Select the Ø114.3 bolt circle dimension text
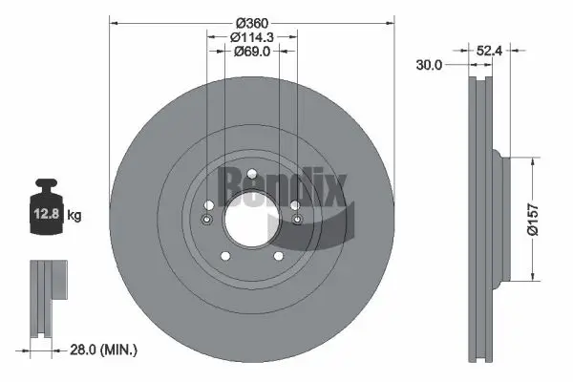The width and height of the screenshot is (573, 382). click(x=251, y=37)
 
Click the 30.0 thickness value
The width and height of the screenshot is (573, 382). click(x=430, y=66)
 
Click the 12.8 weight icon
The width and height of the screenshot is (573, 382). click(x=47, y=211)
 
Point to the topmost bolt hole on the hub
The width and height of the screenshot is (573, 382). click(x=251, y=174)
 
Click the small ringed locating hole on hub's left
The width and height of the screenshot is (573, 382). click(x=207, y=222)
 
